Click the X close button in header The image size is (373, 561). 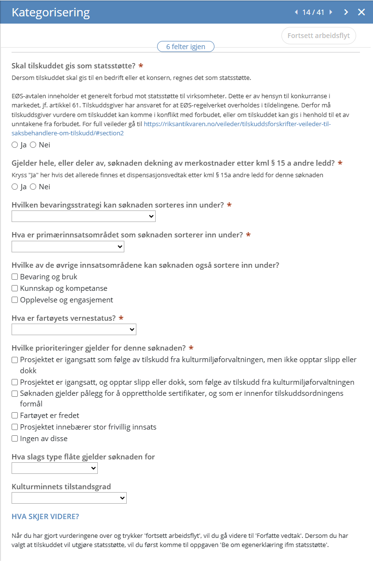click(361, 12)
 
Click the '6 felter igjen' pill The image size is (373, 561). click(186, 47)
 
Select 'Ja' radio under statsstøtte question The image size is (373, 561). click(15, 145)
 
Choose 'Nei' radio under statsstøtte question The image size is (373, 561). click(33, 145)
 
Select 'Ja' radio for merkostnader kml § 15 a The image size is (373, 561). click(15, 187)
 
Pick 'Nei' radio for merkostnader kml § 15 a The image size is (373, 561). click(33, 187)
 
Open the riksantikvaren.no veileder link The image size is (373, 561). click(237, 124)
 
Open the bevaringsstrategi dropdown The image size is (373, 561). click(83, 217)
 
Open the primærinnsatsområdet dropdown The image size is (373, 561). click(68, 247)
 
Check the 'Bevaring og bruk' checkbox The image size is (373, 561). click(15, 277)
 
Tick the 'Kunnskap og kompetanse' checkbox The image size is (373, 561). click(15, 288)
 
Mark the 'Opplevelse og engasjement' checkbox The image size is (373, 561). click(15, 300)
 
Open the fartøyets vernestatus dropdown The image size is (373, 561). click(74, 329)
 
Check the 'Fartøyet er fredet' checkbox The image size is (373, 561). click(15, 416)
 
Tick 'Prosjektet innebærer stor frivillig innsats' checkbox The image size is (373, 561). click(15, 427)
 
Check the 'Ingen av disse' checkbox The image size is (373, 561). click(15, 439)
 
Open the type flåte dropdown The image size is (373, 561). click(54, 468)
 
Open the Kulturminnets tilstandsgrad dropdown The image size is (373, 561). click(69, 498)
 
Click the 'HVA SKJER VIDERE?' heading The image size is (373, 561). click(45, 517)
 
